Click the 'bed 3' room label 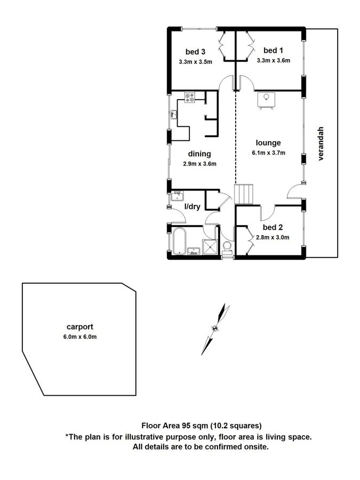195,52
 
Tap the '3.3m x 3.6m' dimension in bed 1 273,60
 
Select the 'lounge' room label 268,142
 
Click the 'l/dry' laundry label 192,206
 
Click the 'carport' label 80,327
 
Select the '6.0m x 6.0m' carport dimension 81,337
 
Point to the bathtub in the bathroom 178,242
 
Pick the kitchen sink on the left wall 174,114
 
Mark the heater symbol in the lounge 266,99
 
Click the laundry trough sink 177,196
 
